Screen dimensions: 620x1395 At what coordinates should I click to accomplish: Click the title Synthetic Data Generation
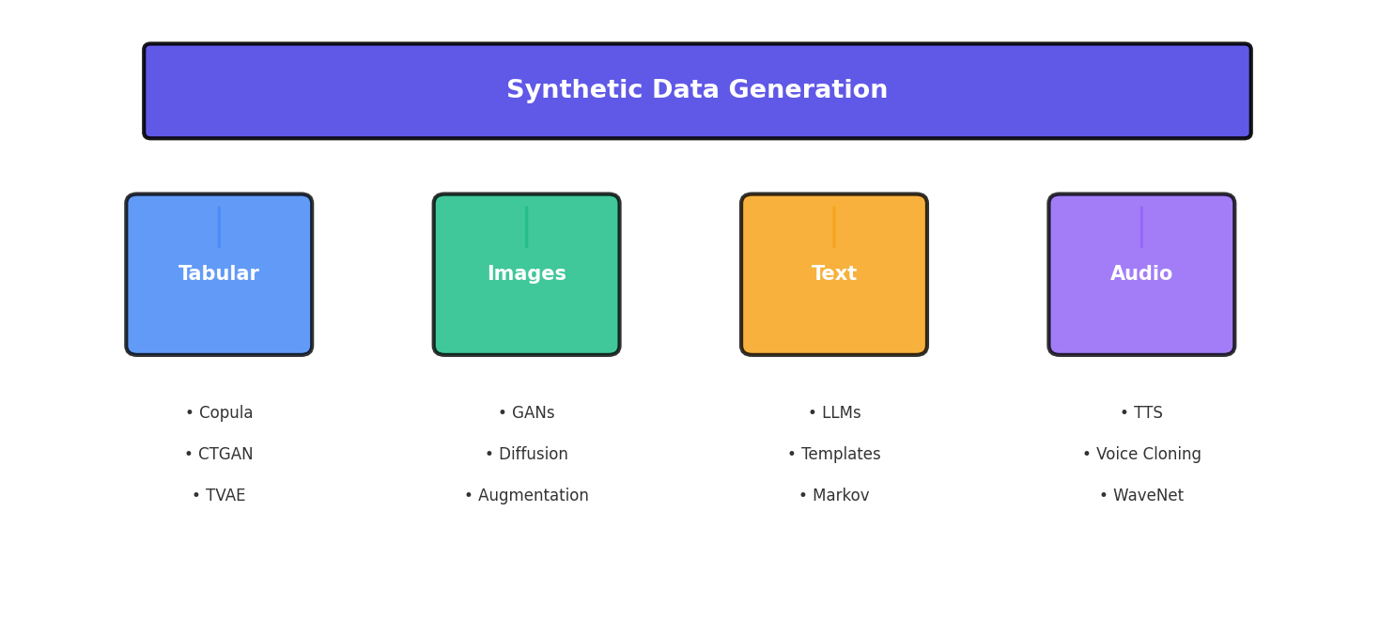[697, 90]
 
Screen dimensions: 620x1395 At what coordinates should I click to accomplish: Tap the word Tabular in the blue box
[219, 274]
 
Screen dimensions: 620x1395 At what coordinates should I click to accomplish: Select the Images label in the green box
[526, 274]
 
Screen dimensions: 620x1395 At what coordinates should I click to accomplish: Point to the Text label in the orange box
[834, 274]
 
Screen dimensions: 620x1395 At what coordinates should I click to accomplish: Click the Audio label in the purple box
[1141, 274]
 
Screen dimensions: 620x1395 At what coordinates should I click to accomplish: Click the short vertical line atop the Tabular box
[219, 227]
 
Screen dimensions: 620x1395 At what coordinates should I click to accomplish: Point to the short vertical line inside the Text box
[834, 227]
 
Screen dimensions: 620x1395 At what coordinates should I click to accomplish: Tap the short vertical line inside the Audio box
[1141, 227]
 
